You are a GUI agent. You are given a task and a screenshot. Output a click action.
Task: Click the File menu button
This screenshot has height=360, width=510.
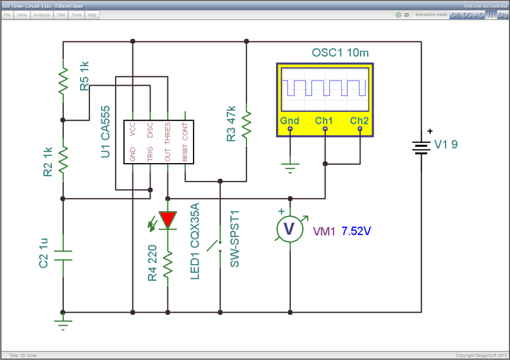tap(7, 15)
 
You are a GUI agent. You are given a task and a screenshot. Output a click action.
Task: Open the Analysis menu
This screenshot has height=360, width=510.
tap(41, 15)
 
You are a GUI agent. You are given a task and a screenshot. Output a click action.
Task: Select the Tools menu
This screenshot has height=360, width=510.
tap(76, 15)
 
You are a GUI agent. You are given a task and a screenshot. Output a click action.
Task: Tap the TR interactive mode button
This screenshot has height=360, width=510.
tap(491, 15)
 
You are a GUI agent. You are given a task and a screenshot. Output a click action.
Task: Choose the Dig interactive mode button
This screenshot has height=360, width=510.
tap(503, 15)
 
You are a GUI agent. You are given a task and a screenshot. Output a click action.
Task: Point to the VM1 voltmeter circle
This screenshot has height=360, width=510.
tap(290, 229)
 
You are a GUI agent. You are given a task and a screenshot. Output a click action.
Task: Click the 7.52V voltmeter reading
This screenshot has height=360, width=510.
tap(356, 231)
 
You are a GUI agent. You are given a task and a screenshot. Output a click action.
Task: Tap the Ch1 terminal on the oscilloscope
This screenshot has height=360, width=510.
tap(325, 129)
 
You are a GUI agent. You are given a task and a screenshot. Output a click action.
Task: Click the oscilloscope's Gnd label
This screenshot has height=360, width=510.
tap(290, 121)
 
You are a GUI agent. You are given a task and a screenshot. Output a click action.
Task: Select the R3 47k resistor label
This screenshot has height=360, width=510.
tap(231, 124)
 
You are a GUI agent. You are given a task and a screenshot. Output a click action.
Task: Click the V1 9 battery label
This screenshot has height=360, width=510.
tap(446, 144)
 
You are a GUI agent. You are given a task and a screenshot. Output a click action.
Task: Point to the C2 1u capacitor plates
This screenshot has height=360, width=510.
tap(63, 256)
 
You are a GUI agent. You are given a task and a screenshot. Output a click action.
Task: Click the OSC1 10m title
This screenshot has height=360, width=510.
tap(340, 53)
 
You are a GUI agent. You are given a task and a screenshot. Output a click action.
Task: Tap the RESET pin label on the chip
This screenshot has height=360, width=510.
tap(185, 153)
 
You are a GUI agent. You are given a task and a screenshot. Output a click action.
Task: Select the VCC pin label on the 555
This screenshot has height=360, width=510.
tap(133, 129)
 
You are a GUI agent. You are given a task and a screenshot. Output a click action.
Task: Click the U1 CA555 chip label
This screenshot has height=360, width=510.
tap(105, 131)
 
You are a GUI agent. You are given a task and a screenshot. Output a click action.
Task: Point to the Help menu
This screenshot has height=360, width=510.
tap(92, 15)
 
